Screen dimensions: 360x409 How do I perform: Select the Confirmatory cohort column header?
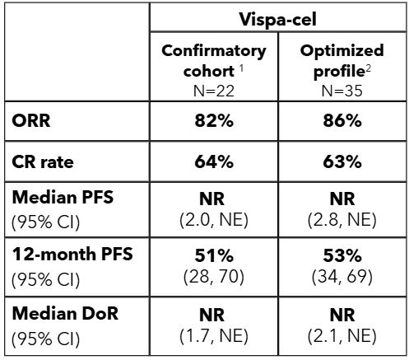tap(212, 59)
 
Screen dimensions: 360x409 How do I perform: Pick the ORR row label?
tap(30, 123)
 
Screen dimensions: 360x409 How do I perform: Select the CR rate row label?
tap(44, 162)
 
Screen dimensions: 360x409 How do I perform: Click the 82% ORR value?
tap(214, 123)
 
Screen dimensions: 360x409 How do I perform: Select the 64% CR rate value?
tap(214, 162)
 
